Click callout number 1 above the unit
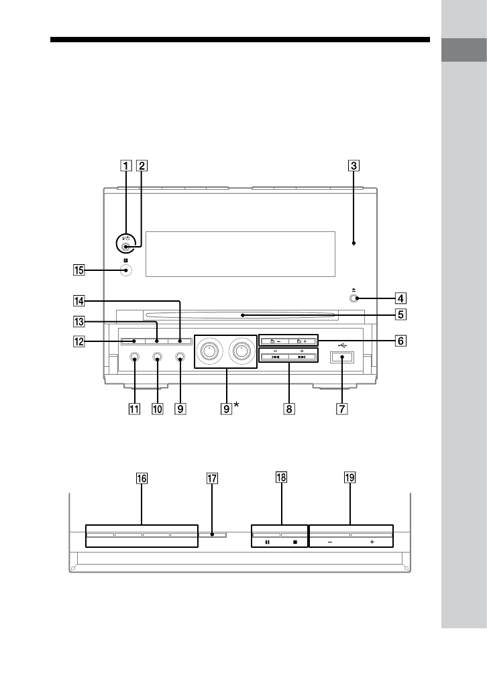[x=126, y=166]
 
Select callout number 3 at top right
[x=354, y=166]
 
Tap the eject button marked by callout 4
[x=353, y=298]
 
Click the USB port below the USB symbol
[x=341, y=357]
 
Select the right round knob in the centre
[x=241, y=351]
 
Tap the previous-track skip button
[x=275, y=357]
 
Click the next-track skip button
[x=303, y=357]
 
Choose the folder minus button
[x=275, y=341]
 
